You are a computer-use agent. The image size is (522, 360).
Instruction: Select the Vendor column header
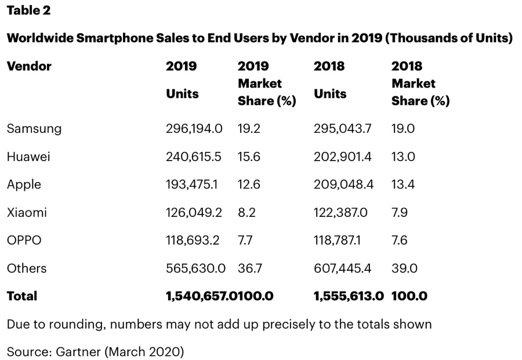tap(29, 66)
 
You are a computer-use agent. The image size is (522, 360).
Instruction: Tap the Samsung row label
tap(34, 129)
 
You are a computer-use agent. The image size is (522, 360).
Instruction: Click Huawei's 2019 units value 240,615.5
tap(194, 157)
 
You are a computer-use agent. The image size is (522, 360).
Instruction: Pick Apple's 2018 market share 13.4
tap(403, 184)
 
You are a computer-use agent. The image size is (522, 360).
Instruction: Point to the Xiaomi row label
tap(27, 212)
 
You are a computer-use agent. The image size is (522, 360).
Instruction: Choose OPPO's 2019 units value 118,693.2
tap(193, 240)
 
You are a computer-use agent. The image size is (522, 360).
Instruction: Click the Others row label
tap(27, 268)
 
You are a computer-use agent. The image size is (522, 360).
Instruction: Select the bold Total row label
tap(22, 296)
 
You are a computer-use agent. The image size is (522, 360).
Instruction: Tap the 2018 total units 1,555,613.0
tap(348, 296)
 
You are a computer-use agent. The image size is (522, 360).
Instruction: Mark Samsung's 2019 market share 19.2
tap(249, 129)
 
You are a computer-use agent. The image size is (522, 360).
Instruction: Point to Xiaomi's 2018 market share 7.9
tap(400, 212)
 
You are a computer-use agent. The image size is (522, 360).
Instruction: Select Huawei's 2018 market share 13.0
tap(403, 157)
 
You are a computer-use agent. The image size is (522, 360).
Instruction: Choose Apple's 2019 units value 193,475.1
tap(192, 184)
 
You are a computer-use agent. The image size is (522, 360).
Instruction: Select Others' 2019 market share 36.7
tap(250, 268)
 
